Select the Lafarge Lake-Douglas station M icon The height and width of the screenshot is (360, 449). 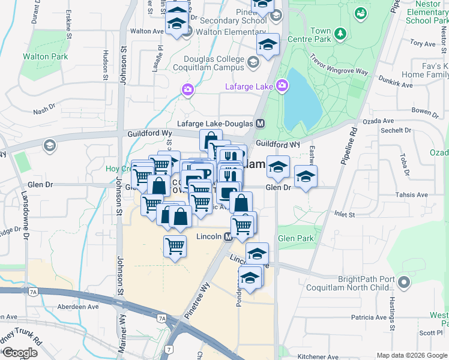click(x=260, y=123)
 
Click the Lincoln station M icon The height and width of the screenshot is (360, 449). click(x=228, y=237)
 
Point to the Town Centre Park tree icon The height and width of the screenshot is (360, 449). click(x=340, y=33)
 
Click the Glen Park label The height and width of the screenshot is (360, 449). click(x=296, y=238)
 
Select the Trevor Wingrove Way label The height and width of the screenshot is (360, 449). click(x=339, y=64)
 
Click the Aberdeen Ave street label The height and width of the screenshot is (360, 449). click(x=77, y=307)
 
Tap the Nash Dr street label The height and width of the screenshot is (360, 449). click(x=44, y=110)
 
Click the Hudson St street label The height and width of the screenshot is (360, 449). click(x=104, y=65)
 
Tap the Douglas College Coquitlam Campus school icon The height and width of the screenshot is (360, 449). click(x=253, y=62)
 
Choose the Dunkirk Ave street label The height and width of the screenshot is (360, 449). click(x=399, y=85)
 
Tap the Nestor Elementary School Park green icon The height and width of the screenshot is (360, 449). click(x=361, y=12)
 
